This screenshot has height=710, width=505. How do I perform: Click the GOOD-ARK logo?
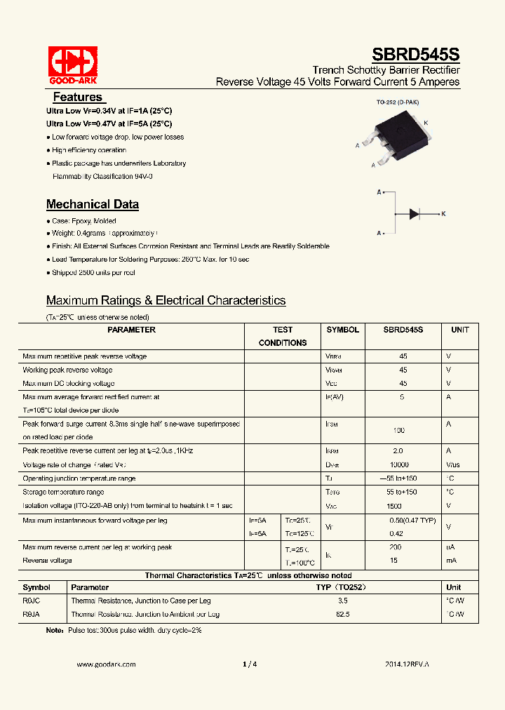pyautogui.click(x=72, y=65)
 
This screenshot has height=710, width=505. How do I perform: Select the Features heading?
pyautogui.click(x=78, y=98)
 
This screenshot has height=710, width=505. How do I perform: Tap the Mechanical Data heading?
pyautogui.click(x=93, y=205)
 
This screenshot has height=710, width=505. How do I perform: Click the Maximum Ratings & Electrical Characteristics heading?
pyautogui.click(x=166, y=300)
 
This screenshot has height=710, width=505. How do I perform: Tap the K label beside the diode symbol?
pyautogui.click(x=443, y=213)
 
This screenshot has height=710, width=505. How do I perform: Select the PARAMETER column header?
pyautogui.click(x=132, y=330)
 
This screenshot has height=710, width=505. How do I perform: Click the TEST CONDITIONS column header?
pyautogui.click(x=283, y=336)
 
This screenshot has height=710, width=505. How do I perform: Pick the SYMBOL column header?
pyautogui.click(x=342, y=330)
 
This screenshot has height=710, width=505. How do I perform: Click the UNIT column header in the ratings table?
pyautogui.click(x=460, y=330)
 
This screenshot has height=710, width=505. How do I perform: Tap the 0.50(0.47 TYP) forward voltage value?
pyautogui.click(x=412, y=521)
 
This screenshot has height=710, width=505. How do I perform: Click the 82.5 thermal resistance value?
pyautogui.click(x=342, y=614)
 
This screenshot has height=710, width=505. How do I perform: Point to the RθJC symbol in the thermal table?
pyautogui.click(x=32, y=601)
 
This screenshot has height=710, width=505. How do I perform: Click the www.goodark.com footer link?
pyautogui.click(x=106, y=664)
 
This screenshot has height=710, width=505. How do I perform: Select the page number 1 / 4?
pyautogui.click(x=250, y=664)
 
